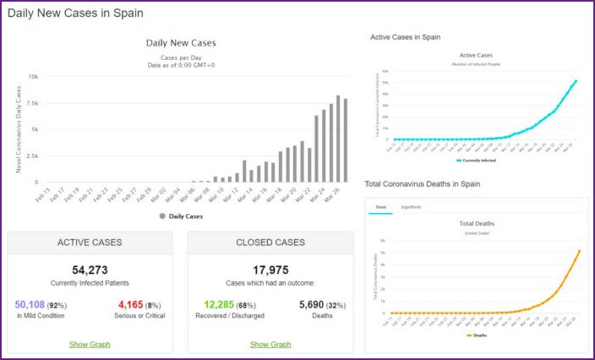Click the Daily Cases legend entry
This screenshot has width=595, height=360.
(x=181, y=216)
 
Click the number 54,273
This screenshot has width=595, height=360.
(x=90, y=270)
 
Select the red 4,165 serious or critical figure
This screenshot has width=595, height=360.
(x=134, y=304)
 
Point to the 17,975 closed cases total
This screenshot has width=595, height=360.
(x=270, y=270)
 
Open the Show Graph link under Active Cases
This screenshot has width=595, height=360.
(x=90, y=344)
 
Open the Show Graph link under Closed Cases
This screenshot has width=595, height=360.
(x=270, y=344)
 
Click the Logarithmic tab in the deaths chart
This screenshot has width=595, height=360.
(x=412, y=207)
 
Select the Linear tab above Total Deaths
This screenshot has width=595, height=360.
(x=380, y=207)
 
